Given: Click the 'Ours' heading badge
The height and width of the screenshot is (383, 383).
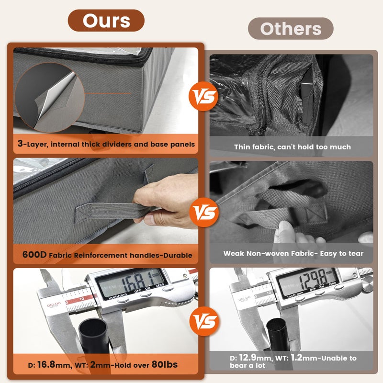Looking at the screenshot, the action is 106,21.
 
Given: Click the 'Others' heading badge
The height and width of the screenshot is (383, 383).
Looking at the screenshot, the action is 291,29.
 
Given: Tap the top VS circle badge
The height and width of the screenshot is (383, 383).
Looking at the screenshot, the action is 204,96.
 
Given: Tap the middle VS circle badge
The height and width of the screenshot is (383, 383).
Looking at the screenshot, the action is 204,212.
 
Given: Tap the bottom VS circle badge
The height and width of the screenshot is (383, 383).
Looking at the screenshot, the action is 204,321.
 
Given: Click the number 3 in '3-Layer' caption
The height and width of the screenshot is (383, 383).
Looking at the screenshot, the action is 20,143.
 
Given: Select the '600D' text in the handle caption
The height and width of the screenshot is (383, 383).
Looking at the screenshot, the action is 34,255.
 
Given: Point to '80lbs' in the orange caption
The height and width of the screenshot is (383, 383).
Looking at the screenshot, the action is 165,364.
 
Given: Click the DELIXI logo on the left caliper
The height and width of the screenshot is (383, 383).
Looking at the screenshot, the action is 54,305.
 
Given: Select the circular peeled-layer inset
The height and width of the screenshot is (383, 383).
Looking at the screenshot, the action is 50,98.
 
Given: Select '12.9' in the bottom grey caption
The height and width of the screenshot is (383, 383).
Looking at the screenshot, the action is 248,358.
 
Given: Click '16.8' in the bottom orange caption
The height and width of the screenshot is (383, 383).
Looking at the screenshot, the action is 46,364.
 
